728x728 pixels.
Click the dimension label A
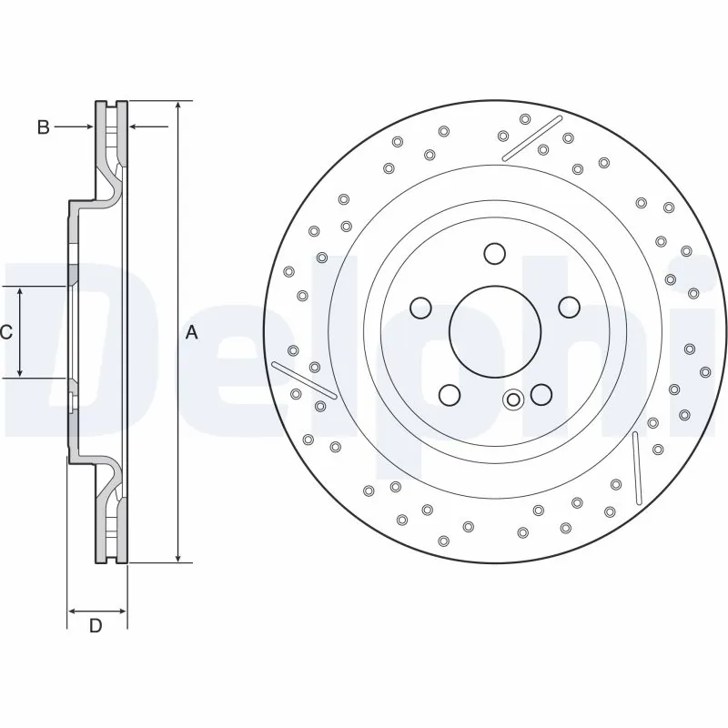coord(191,333)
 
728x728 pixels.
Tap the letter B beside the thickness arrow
coord(43,127)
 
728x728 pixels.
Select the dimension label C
coord(6,333)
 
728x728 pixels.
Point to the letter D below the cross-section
coord(95,626)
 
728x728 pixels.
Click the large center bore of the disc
coord(490,332)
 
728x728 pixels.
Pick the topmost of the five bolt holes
coord(493,253)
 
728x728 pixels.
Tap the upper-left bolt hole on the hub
coord(420,308)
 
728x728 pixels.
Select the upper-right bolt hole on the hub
coord(569,307)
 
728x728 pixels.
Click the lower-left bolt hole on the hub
coord(448,395)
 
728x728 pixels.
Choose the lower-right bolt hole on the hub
coord(541,394)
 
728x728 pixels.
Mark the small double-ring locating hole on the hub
coord(513,399)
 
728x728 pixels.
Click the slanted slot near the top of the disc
coord(531,138)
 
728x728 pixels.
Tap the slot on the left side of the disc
coord(304,379)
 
